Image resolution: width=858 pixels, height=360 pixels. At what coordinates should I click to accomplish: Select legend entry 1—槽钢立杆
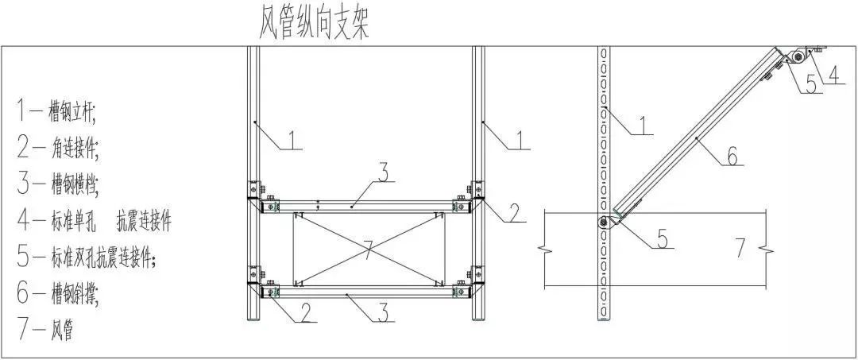pos(56,112)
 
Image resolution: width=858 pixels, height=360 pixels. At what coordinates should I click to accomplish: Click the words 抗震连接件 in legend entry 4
pos(143,220)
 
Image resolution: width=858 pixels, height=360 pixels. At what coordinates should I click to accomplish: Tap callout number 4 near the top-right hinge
pos(833,75)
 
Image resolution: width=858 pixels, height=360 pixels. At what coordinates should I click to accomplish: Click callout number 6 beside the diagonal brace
pos(732,156)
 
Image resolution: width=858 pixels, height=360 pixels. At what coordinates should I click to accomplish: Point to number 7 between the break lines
pos(740,248)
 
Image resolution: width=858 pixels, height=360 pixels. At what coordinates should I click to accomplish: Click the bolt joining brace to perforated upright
pos(605,223)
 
